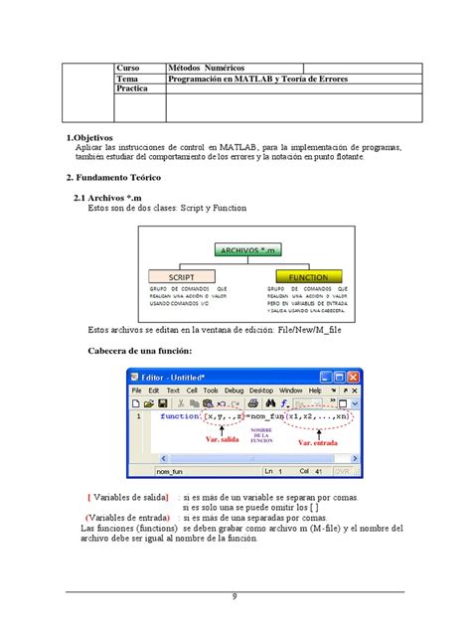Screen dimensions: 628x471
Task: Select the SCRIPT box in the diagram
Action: (x=180, y=277)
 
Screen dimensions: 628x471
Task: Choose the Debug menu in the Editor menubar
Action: (x=234, y=391)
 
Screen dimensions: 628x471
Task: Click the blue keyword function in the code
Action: (x=179, y=417)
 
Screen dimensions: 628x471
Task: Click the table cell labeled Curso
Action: (x=130, y=67)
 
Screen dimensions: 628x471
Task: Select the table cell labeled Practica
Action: (x=133, y=88)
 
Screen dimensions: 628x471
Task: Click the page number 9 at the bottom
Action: (x=235, y=596)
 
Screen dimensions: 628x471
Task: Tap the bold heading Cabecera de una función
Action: (x=147, y=353)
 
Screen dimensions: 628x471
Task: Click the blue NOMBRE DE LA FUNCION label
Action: (x=262, y=434)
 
